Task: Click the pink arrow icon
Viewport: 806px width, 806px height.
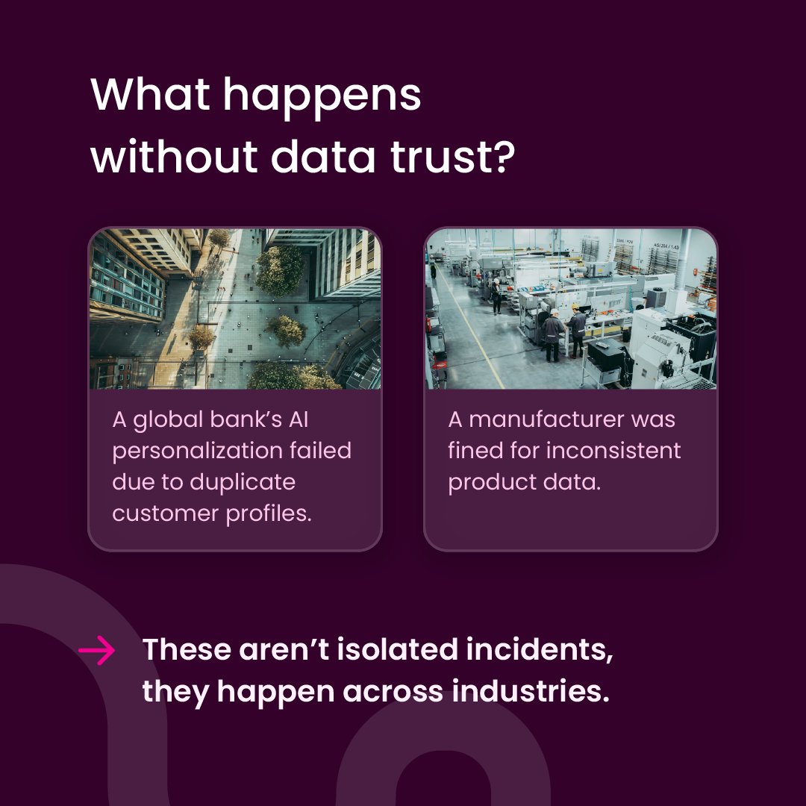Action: point(97,651)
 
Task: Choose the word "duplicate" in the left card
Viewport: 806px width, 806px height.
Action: point(243,482)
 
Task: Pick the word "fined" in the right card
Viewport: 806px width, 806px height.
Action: point(478,451)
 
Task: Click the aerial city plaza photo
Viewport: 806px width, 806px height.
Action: point(235,309)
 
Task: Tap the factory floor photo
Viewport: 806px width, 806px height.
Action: point(571,309)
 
